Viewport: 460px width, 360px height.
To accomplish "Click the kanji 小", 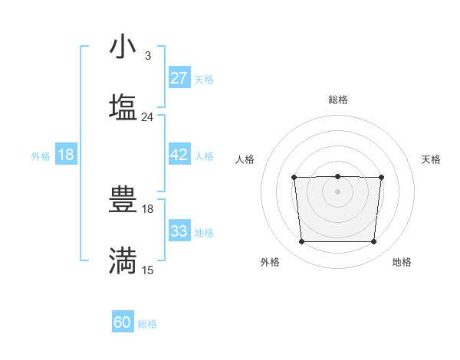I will point(123,47).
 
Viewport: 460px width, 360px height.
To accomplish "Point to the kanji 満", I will point(123,260).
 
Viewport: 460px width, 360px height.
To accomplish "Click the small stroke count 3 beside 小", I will point(147,56).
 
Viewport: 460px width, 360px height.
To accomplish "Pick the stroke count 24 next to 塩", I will point(147,117).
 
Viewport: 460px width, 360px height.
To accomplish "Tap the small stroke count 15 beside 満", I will point(147,270).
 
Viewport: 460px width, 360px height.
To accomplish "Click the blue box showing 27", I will point(179,78).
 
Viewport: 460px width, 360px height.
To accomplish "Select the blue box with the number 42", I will point(179,155).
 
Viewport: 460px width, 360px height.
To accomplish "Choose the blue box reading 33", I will point(179,231).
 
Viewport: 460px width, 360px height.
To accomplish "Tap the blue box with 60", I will point(123,322).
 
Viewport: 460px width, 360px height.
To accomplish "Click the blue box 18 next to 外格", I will point(66,155).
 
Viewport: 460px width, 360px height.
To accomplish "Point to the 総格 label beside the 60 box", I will point(147,324).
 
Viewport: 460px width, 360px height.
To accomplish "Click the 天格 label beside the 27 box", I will point(204,79).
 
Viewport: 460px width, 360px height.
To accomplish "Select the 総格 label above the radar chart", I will point(337,100).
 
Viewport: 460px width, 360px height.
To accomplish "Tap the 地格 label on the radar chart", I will point(402,262).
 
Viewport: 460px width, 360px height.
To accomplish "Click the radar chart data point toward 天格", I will point(381,178).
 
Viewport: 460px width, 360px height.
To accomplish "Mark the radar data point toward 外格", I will point(301,242).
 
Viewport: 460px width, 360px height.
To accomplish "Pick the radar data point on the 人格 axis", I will point(294,178).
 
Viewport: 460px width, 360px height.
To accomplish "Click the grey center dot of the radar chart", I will point(337,191).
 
